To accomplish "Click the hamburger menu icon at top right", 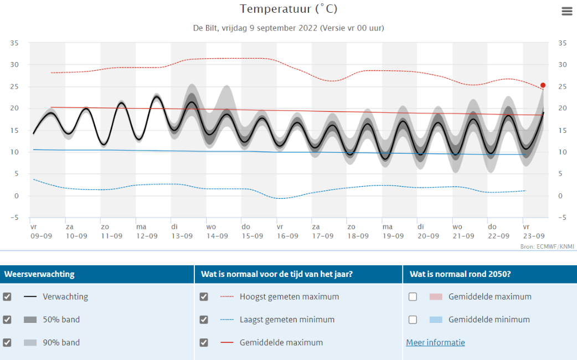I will (x=567, y=11).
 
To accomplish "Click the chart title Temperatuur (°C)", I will (x=288, y=9).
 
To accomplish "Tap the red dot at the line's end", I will (x=543, y=85).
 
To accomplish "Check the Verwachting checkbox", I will (x=7, y=297).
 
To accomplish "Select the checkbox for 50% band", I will (x=7, y=320).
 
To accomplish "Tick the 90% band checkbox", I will (x=7, y=342).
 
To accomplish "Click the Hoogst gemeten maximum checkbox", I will (x=204, y=297).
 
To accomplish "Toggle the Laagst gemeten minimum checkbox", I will (x=204, y=320).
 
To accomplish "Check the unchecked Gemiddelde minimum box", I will (x=413, y=320).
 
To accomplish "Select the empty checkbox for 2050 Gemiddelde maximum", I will (x=413, y=297).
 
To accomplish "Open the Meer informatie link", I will (x=435, y=342).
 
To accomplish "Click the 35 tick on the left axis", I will (x=14, y=43).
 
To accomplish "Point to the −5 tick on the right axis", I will (x=562, y=218).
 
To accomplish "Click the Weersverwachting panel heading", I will (x=39, y=274).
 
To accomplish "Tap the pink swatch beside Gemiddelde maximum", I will (x=436, y=297).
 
